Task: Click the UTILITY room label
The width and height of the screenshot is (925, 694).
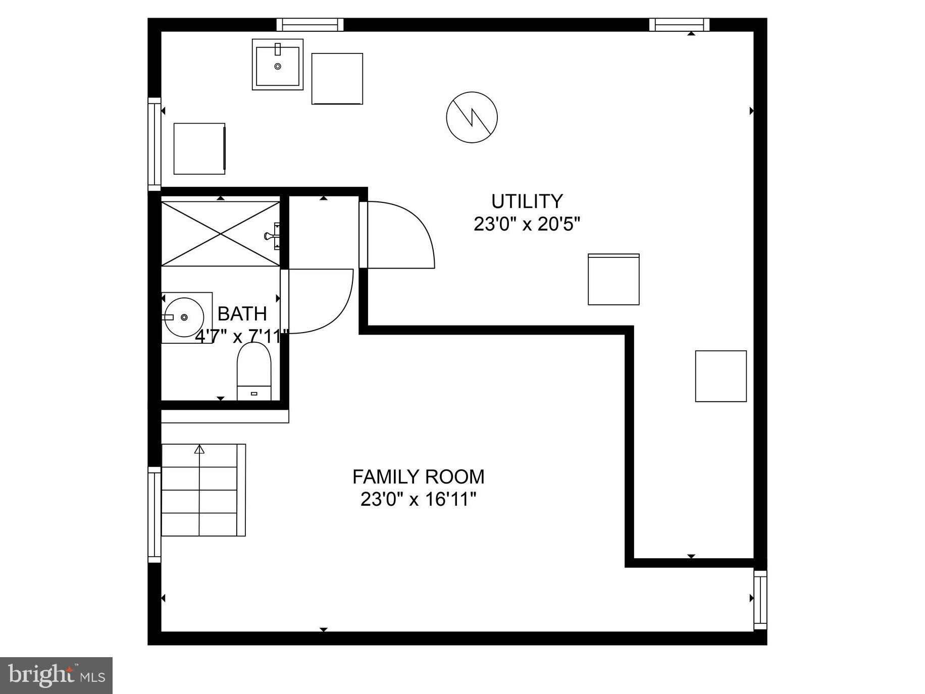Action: (x=527, y=201)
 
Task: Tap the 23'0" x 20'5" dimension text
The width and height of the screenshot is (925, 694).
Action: (x=527, y=224)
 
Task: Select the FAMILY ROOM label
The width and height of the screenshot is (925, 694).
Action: (x=418, y=476)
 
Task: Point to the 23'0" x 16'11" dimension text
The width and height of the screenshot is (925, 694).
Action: (x=418, y=500)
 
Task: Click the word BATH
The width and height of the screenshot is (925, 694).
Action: (x=242, y=314)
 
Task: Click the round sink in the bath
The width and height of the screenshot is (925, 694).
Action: (x=183, y=317)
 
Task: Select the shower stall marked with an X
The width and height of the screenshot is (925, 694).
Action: (x=221, y=234)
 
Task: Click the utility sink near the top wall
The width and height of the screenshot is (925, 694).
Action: (x=277, y=65)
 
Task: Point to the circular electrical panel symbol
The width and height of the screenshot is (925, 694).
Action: (x=472, y=117)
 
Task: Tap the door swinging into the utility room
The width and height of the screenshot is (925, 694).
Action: (x=399, y=235)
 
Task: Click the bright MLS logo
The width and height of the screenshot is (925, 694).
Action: (x=56, y=675)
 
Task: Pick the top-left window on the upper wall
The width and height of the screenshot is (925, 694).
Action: (x=310, y=24)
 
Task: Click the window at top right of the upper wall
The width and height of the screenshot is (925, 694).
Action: (x=679, y=24)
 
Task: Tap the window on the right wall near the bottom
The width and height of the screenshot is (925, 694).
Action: (x=760, y=600)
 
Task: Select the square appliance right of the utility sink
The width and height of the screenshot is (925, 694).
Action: (x=337, y=79)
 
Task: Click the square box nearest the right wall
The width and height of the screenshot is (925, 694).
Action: (x=721, y=376)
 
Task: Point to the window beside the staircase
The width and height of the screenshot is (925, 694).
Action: (x=154, y=514)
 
